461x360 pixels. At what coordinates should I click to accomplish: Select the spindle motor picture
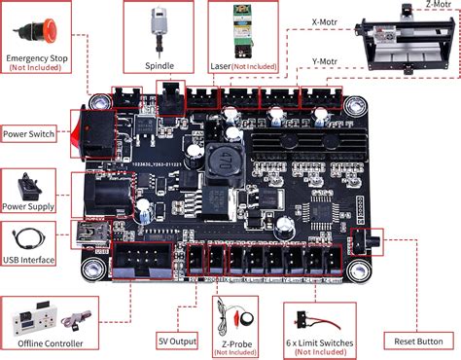(156, 26)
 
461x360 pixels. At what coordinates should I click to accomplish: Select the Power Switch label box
(28, 133)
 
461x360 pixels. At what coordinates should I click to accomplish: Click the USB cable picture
(29, 236)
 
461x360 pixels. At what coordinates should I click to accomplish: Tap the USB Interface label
(32, 261)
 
